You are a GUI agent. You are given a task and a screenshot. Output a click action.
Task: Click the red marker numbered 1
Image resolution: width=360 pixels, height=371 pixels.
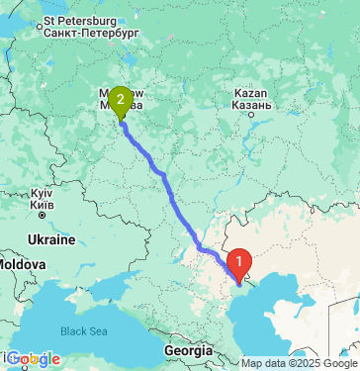(x=239, y=263)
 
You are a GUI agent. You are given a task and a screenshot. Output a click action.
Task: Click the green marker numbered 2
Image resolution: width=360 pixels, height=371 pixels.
(x=120, y=99)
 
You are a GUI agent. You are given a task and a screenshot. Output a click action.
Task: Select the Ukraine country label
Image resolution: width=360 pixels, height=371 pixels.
(x=50, y=240)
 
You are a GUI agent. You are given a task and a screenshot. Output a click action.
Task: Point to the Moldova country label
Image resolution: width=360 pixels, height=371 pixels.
(x=20, y=266)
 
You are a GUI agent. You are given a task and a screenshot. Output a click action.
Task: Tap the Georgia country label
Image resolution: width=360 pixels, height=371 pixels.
(x=189, y=350)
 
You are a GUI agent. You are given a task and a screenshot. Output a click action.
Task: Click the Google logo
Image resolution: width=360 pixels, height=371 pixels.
(x=34, y=358)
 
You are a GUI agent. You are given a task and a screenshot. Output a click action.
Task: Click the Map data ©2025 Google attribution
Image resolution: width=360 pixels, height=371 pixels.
(x=299, y=363)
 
